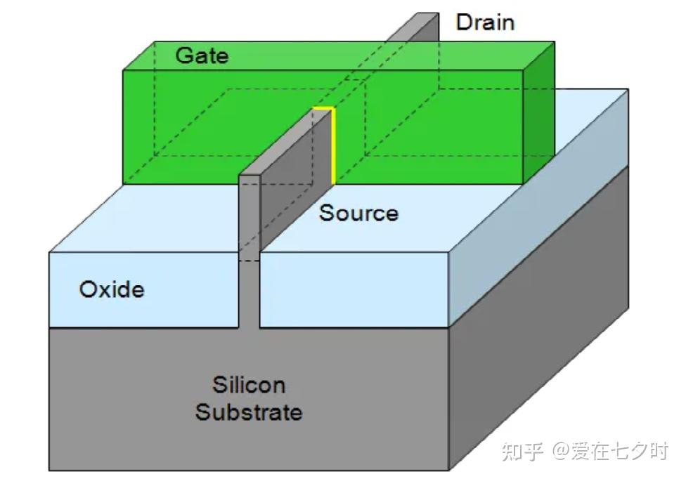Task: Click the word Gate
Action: [x=202, y=55]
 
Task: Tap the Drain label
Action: [x=485, y=22]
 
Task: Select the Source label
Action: [x=358, y=214]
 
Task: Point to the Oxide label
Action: [x=112, y=289]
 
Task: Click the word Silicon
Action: [x=249, y=385]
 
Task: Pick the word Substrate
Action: [x=249, y=412]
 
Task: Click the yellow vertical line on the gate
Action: [x=333, y=146]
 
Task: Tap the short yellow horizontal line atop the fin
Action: [x=323, y=107]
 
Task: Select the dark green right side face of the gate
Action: [x=539, y=113]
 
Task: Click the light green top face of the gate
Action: [x=339, y=55]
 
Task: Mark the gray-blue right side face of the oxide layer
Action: [x=539, y=208]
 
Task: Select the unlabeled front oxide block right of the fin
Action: [x=354, y=289]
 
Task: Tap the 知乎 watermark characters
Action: [x=523, y=452]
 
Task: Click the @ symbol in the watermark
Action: [x=562, y=452]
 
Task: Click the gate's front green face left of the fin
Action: [x=183, y=126]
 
